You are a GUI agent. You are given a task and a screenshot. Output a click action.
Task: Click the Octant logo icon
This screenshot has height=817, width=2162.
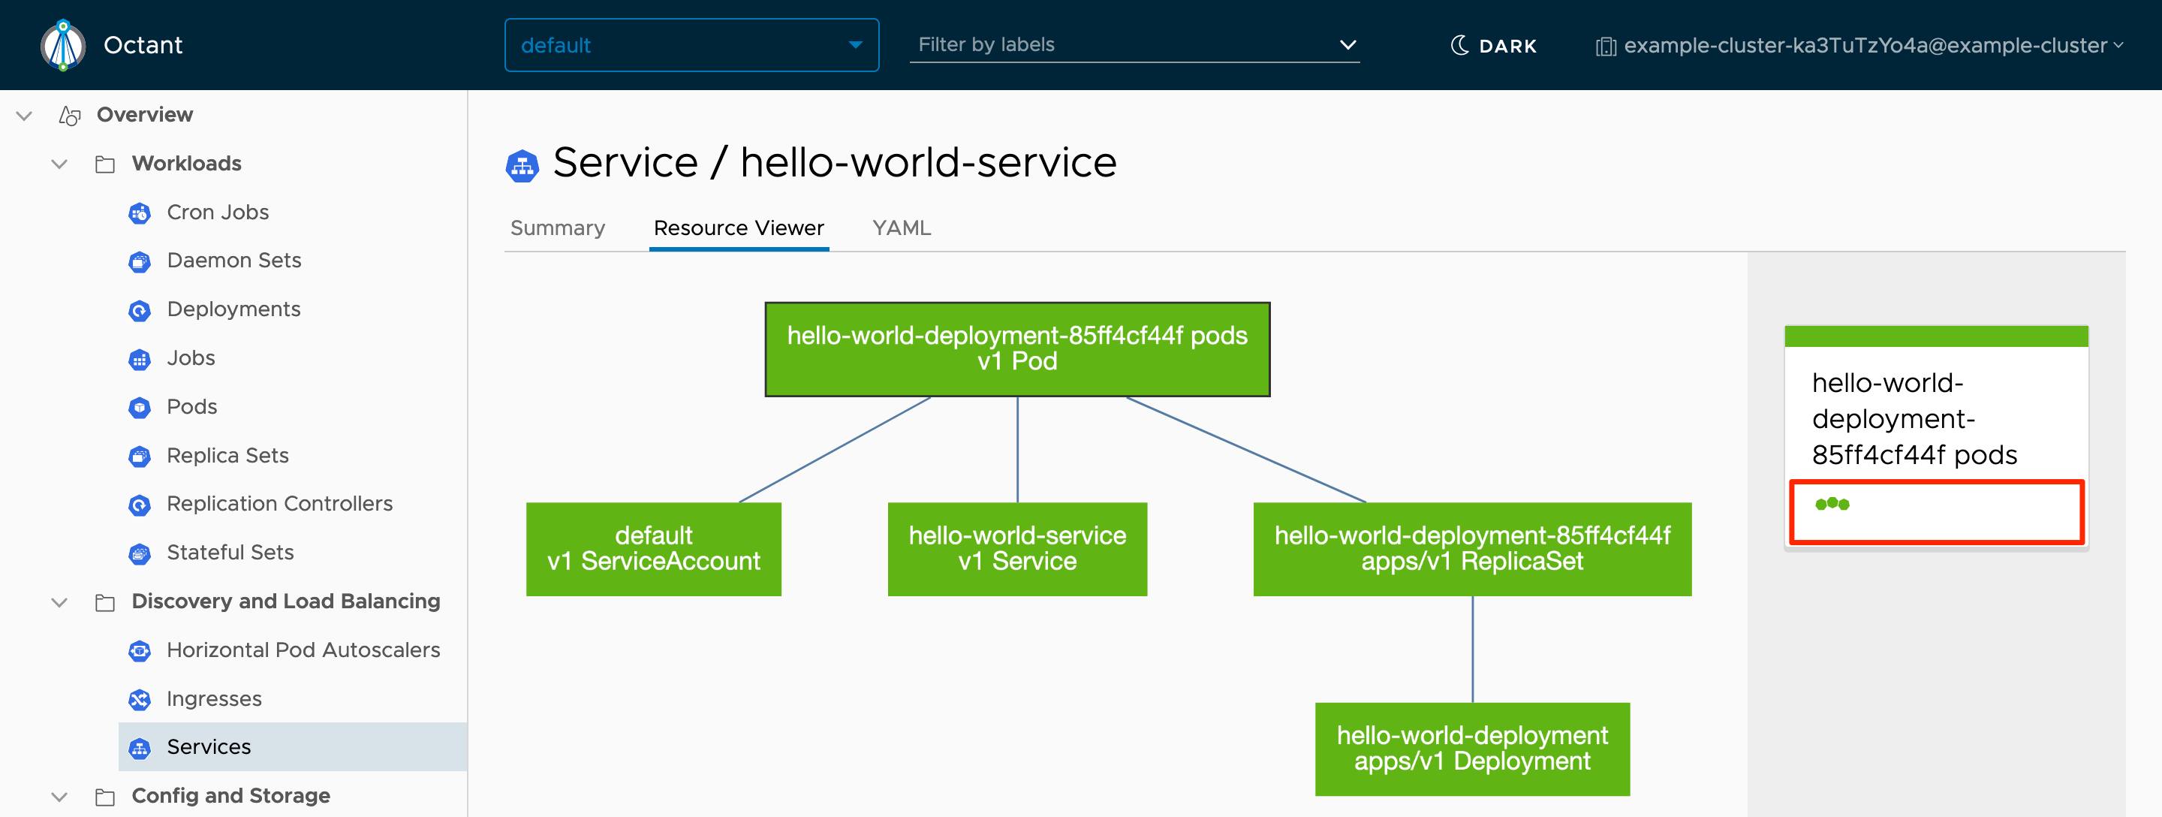coord(63,44)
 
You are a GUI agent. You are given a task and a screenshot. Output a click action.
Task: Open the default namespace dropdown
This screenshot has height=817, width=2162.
coord(691,45)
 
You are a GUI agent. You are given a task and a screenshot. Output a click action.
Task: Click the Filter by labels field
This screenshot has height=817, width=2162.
coord(1125,44)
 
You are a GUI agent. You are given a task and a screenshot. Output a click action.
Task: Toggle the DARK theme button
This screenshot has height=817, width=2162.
coord(1494,45)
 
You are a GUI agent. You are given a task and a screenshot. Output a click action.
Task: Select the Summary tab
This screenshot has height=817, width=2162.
coord(557,228)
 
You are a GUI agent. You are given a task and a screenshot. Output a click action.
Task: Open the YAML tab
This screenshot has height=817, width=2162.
coord(902,228)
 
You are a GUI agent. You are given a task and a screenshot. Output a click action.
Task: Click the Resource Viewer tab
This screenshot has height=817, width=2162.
coord(739,228)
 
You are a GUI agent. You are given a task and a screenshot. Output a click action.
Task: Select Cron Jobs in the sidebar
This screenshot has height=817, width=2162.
coord(218,212)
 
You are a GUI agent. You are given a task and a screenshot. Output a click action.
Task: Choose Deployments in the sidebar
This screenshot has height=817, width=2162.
coord(233,309)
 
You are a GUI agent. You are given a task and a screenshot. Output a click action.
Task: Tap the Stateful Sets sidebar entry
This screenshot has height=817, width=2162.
coord(230,553)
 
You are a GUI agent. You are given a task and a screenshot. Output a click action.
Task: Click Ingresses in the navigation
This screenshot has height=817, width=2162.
coord(214,698)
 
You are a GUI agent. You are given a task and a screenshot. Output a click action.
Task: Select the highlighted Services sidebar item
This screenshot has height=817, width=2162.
coord(209,746)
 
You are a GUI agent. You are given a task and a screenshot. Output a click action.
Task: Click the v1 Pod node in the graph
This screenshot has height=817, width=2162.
coord(1017,348)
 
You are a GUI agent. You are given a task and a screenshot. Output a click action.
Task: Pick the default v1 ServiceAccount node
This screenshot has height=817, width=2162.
coord(653,548)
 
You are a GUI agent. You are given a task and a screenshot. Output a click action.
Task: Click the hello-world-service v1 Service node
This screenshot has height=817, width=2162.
coord(1017,548)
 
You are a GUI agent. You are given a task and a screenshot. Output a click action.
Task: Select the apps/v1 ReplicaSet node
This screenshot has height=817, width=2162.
coord(1472,548)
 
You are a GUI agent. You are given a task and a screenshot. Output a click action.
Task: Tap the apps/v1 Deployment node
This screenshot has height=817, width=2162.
coord(1472,748)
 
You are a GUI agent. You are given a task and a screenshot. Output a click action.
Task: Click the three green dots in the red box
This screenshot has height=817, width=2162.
coord(1832,504)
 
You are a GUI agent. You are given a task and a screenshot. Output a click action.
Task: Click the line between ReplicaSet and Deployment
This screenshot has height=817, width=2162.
coord(1472,649)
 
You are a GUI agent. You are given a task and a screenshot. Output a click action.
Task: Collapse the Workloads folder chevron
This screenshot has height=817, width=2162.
coord(59,164)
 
